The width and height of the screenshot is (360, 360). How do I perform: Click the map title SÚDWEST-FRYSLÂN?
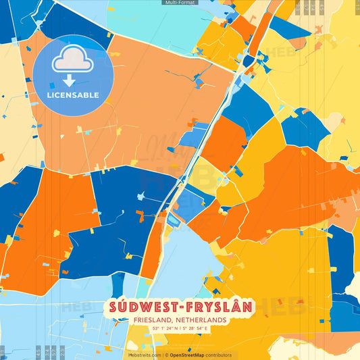(179, 307)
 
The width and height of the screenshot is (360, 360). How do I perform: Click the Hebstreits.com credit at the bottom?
(144, 355)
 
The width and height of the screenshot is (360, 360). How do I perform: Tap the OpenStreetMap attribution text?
(191, 355)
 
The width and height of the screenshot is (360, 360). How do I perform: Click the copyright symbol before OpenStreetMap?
(166, 355)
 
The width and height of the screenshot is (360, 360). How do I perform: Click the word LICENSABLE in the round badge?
(72, 95)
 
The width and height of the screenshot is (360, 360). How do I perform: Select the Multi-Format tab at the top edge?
(180, 3)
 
